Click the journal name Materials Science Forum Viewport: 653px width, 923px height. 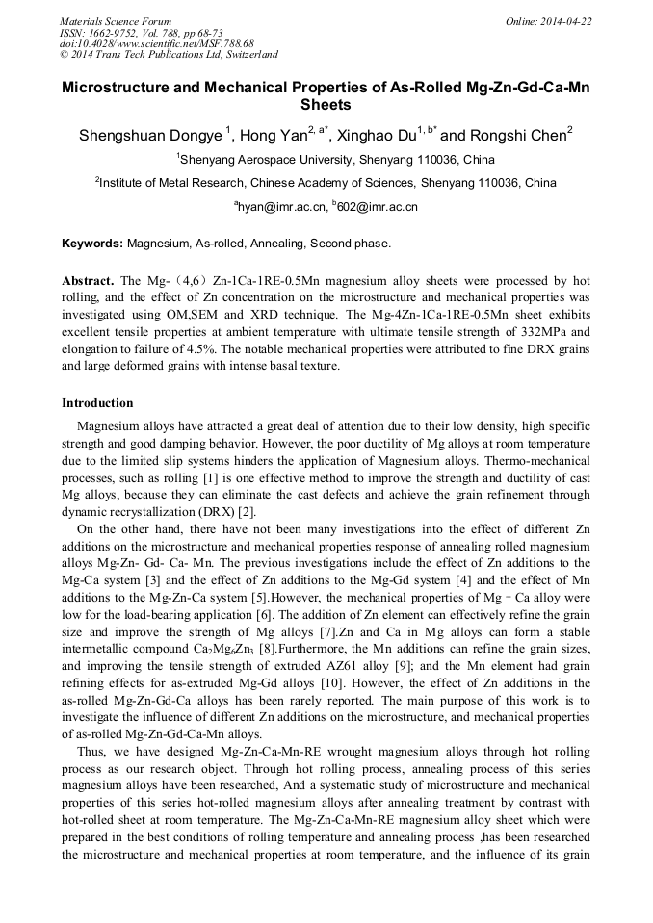pos(116,21)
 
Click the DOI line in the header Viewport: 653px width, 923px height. pos(156,44)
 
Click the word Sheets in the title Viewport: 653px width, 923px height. pos(326,105)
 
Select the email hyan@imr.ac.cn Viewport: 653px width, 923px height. pos(280,206)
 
